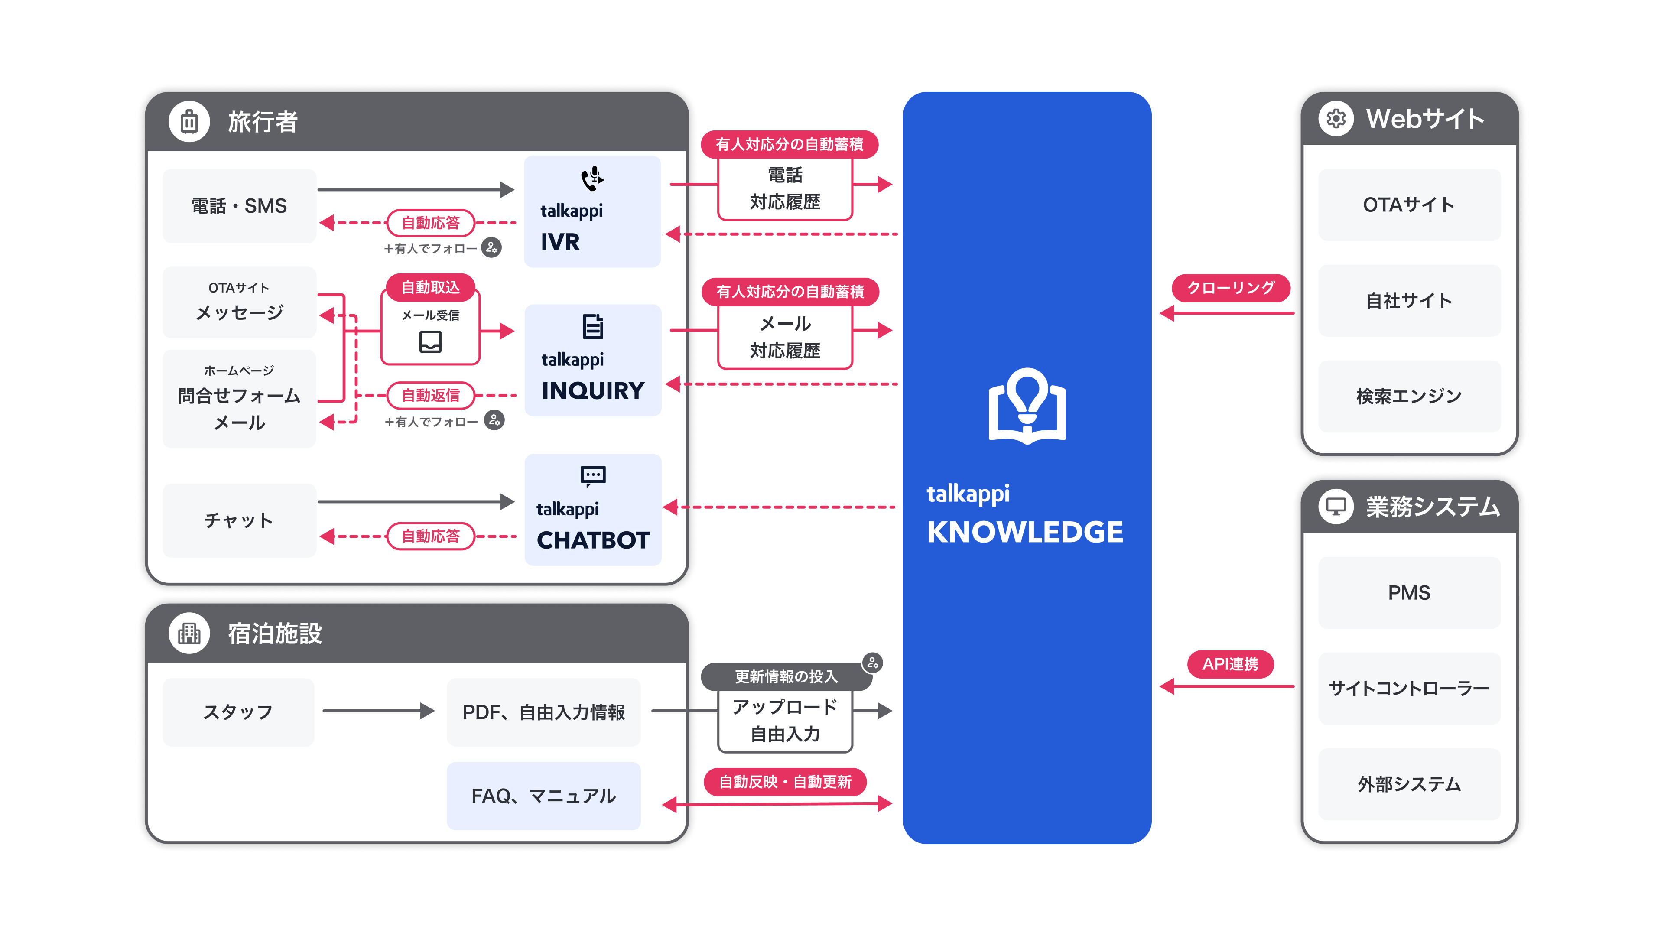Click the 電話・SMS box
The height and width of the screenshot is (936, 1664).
(x=239, y=206)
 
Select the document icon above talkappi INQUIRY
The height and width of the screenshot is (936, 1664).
(x=592, y=326)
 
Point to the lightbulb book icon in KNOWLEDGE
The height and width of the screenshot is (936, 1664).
(x=1027, y=406)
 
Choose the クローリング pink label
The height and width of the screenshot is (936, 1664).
(x=1231, y=288)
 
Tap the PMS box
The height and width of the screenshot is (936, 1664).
(x=1409, y=592)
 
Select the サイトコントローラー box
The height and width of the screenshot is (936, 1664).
(x=1409, y=689)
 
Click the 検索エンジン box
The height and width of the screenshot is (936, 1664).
(x=1409, y=396)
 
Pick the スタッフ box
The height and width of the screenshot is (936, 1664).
(x=238, y=712)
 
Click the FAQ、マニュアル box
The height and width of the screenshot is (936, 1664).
(x=543, y=796)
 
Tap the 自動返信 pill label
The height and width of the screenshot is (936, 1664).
(x=430, y=395)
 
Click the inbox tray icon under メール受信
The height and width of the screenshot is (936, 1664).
(x=430, y=341)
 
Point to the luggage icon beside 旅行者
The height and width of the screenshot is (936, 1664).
(x=189, y=121)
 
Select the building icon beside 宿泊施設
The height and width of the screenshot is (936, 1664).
(x=189, y=633)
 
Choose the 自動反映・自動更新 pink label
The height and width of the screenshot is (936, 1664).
(x=785, y=782)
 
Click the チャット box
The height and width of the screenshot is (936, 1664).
(x=239, y=520)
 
